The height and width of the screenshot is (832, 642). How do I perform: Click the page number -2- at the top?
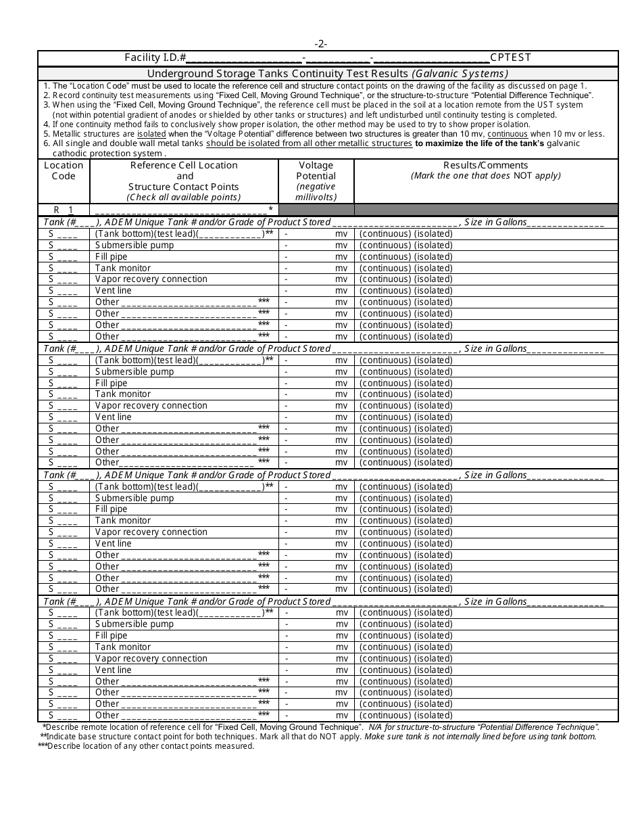pos(321,44)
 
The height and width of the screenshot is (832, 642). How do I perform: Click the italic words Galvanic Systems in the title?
pos(460,74)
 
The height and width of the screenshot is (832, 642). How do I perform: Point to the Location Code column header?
pos(64,170)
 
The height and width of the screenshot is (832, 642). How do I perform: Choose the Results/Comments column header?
pos(485,165)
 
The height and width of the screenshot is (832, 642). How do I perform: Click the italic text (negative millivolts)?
pos(316,192)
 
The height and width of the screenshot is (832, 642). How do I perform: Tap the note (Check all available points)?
pos(184,198)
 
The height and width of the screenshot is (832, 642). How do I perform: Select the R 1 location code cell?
pos(64,210)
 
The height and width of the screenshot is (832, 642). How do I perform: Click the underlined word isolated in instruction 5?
pos(152,134)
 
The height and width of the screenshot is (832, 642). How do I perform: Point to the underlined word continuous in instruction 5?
pos(508,134)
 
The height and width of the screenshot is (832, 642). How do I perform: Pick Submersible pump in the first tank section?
pos(134,245)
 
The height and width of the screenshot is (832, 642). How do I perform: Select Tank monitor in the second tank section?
pos(123,394)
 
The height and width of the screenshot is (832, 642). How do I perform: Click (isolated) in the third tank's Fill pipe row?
pos(433,509)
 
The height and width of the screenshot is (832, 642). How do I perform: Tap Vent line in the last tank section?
pos(114,670)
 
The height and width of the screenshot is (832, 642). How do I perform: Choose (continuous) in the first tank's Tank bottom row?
pos(385,234)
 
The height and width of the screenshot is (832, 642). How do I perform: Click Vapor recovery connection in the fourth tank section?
pos(151,659)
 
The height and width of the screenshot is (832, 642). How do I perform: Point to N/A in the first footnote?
pos(376,726)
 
